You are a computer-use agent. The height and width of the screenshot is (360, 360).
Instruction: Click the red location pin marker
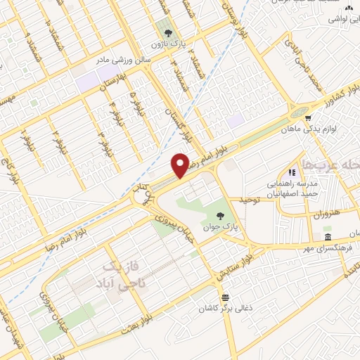[181, 166]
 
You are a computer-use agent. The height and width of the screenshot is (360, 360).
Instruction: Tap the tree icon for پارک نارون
[167, 32]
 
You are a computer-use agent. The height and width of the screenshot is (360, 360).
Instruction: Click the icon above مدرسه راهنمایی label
[292, 172]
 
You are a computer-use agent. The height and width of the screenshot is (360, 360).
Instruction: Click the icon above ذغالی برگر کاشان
[226, 297]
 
